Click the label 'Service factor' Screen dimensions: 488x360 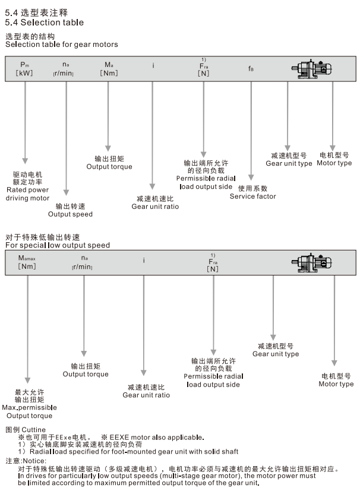[253, 197]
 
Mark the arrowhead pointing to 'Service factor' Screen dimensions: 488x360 [251, 178]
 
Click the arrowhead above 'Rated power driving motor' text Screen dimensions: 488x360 [25, 160]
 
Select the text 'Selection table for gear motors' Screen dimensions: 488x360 [62, 45]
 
